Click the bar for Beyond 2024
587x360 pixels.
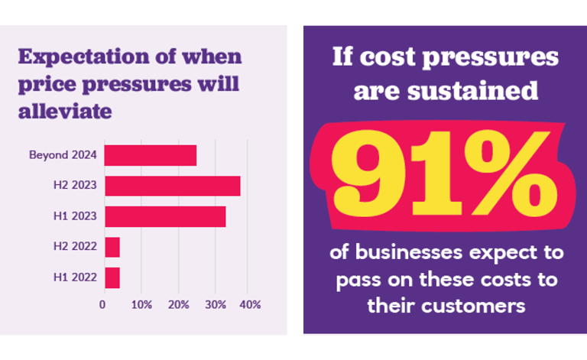click(x=150, y=155)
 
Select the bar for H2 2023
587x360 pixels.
click(x=172, y=186)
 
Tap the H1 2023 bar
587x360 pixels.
click(x=164, y=216)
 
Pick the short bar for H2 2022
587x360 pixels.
click(x=112, y=247)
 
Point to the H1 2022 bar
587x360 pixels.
click(x=112, y=277)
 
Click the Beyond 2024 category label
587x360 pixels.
click(x=63, y=155)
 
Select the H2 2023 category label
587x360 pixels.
click(x=75, y=186)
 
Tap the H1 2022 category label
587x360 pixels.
click(x=75, y=277)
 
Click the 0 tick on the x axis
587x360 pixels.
click(x=103, y=304)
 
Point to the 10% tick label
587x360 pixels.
click(x=141, y=304)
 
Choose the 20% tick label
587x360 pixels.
click(x=178, y=304)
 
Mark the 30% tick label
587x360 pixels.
click(x=215, y=304)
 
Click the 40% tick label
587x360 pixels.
click(x=251, y=304)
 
